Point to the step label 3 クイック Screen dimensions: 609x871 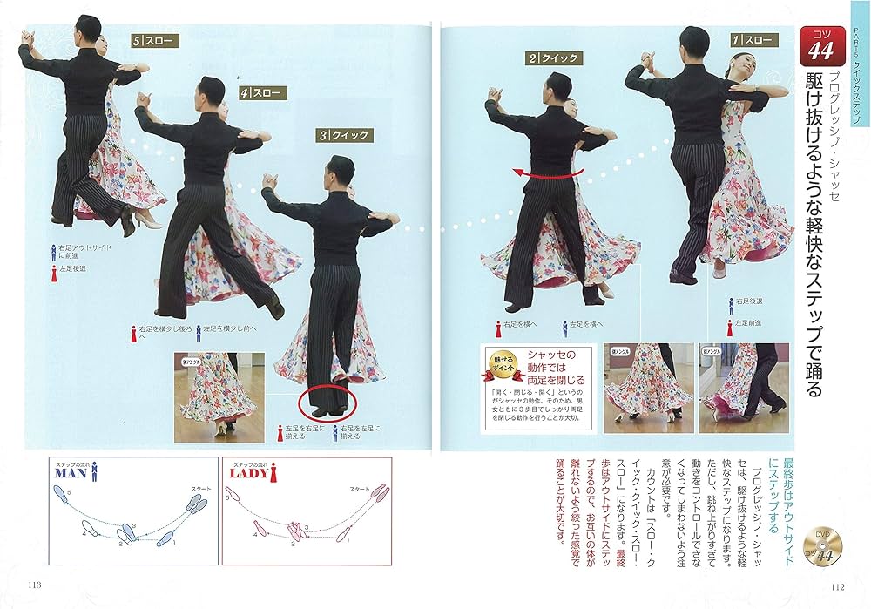coord(345,135)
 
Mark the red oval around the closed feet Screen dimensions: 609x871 coord(327,402)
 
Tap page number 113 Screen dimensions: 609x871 coord(36,585)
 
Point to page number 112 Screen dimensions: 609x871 coord(839,585)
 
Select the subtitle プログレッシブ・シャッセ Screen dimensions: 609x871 coord(832,136)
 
